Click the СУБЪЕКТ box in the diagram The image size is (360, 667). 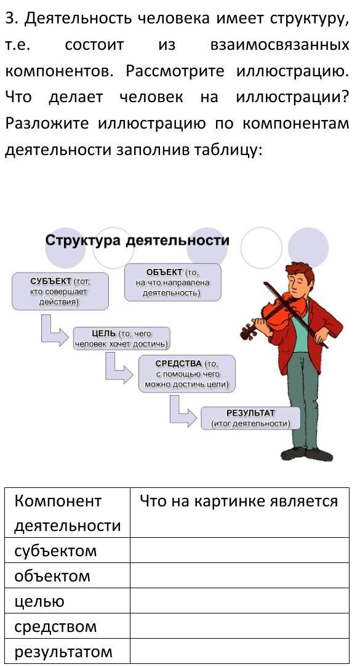[60, 292]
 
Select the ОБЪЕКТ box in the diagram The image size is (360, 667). [173, 282]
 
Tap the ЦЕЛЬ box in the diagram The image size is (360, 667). [122, 338]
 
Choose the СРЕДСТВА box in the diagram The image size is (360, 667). [187, 374]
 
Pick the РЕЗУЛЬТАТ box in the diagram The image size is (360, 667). [250, 418]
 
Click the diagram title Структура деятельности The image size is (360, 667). [137, 241]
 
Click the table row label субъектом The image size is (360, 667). [55, 551]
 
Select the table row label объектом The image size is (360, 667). [52, 576]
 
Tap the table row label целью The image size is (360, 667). [39, 602]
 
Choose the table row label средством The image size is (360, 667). [55, 626]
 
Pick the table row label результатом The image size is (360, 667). [63, 652]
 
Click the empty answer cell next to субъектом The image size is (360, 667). [239, 551]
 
